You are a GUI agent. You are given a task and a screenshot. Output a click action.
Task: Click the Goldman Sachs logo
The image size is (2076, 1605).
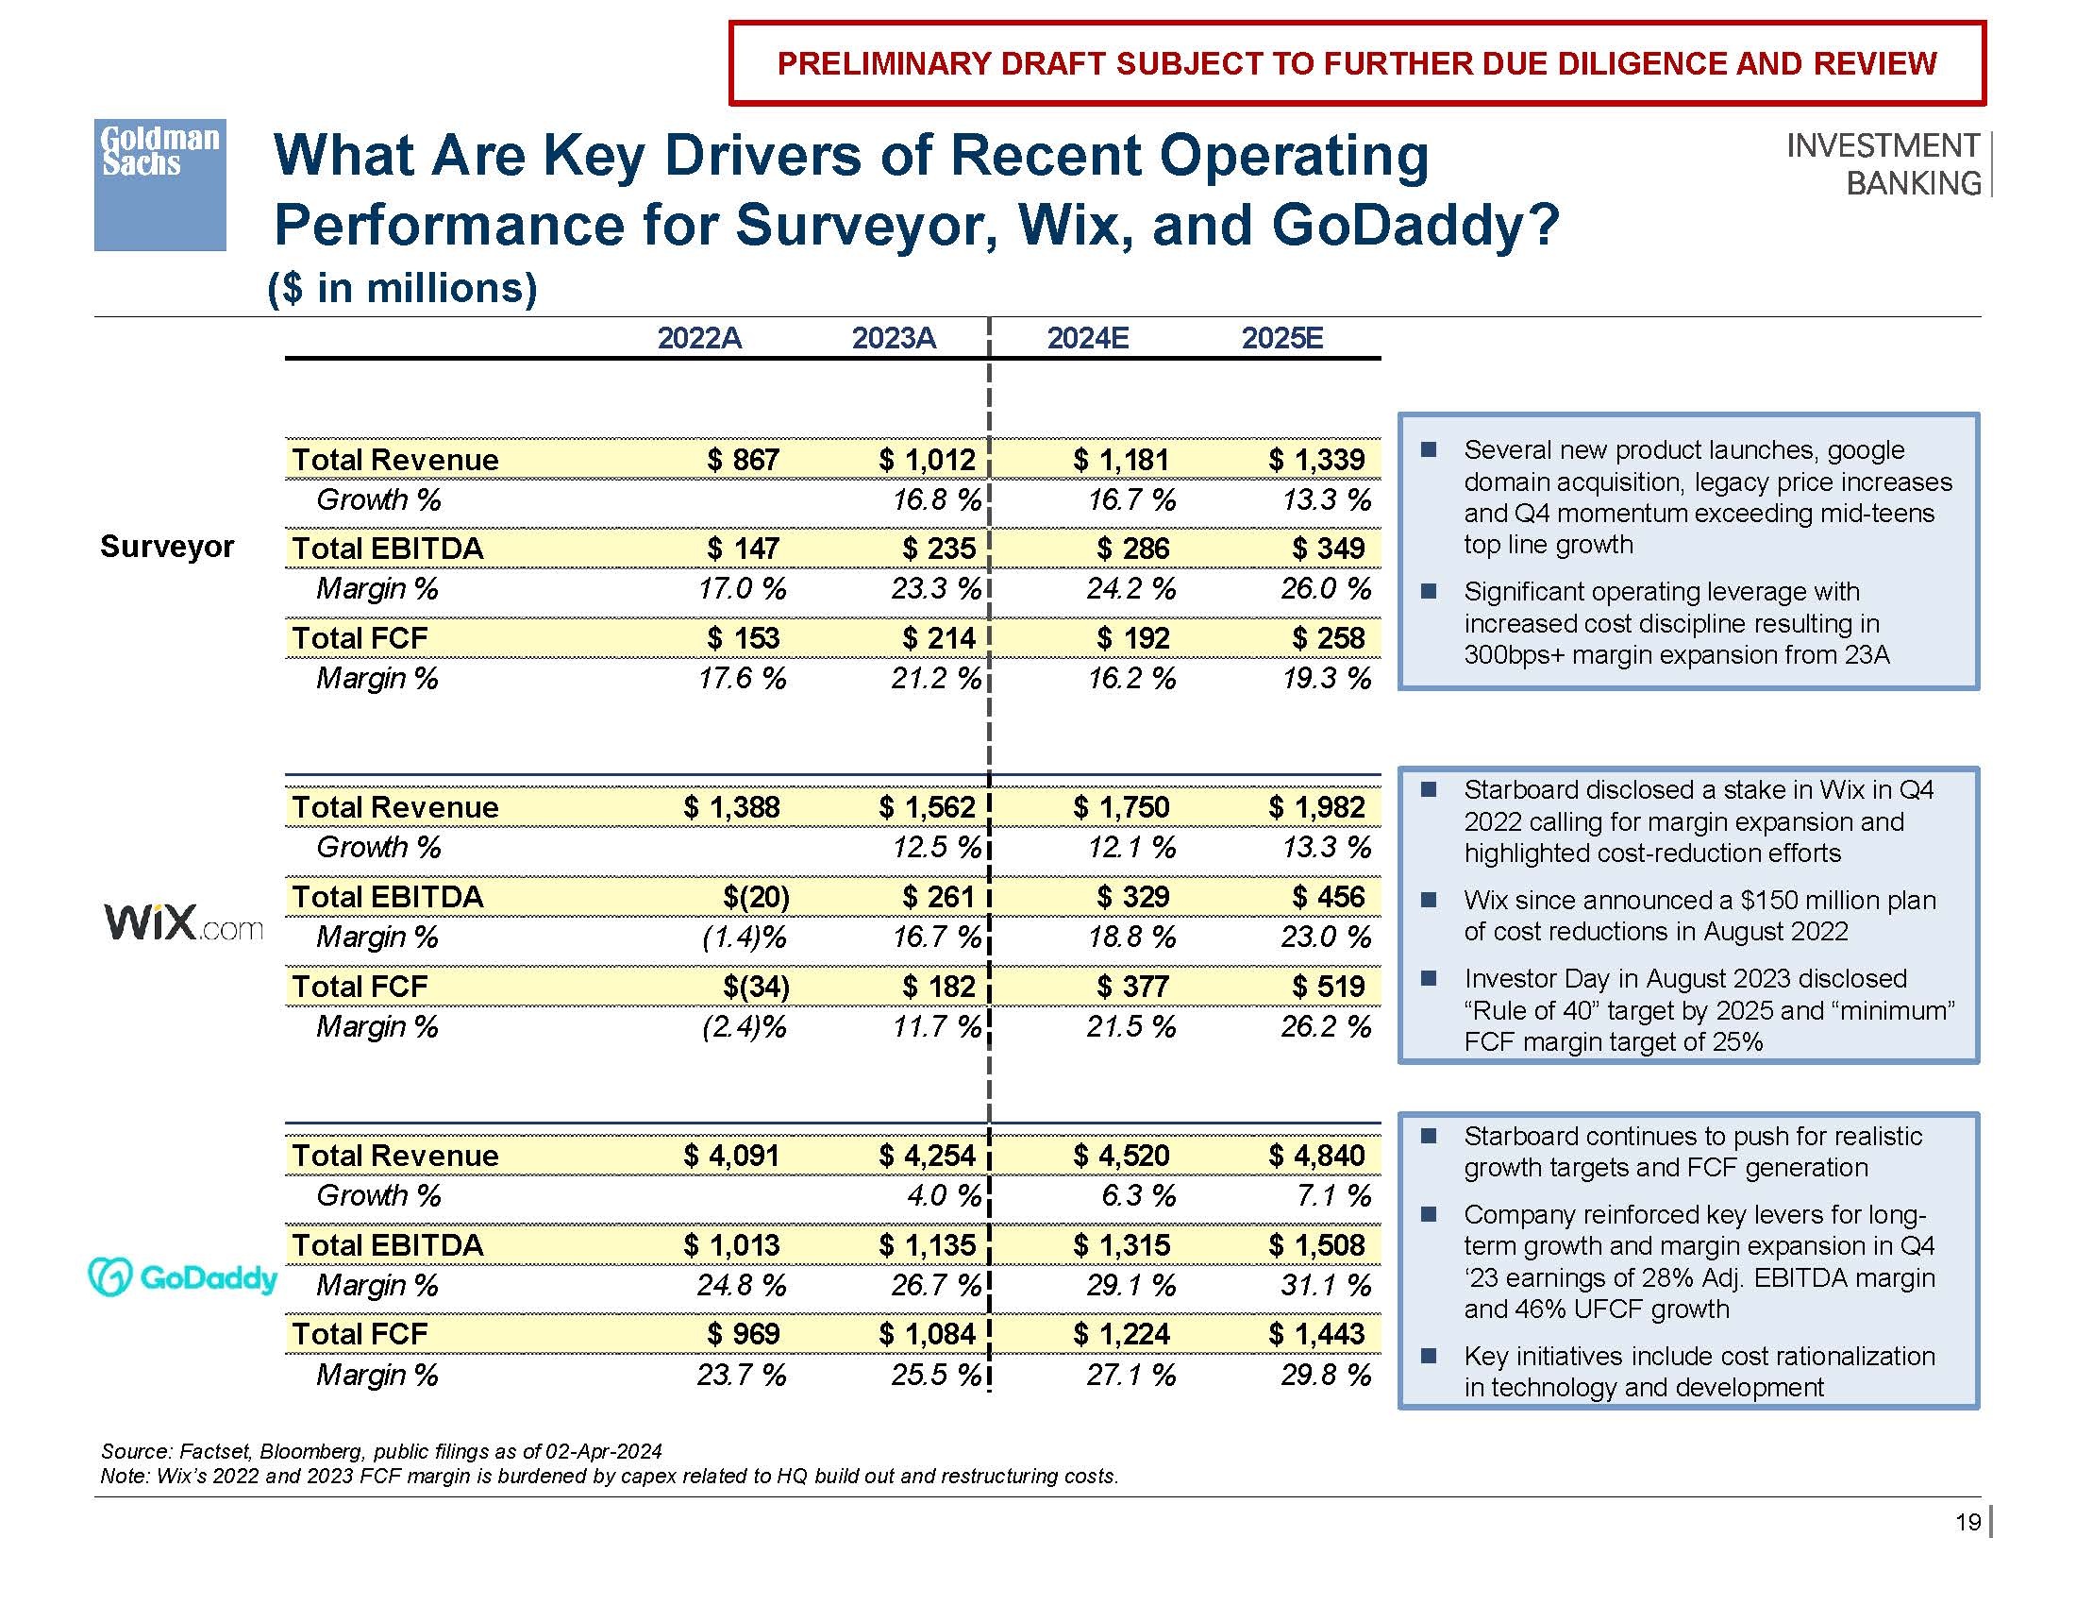[159, 184]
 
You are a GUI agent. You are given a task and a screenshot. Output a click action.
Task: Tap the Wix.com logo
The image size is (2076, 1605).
[182, 921]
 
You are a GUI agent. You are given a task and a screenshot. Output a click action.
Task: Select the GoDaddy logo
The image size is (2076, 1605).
[182, 1277]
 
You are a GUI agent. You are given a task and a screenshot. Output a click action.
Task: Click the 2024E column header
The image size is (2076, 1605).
[1087, 339]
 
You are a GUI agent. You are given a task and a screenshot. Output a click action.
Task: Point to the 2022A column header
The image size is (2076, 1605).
[698, 339]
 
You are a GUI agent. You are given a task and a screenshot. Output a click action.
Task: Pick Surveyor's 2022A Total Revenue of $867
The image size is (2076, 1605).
[743, 460]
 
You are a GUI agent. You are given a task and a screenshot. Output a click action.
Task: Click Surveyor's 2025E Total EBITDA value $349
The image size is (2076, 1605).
[1328, 549]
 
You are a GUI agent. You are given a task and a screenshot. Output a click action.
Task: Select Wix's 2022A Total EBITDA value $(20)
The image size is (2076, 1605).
[756, 897]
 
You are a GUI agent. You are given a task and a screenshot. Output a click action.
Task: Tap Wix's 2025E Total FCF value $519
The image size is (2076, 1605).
[1328, 986]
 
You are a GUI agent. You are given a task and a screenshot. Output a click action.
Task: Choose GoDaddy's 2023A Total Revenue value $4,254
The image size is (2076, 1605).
[927, 1156]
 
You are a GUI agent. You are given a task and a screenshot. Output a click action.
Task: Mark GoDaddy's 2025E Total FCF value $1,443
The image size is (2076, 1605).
[1316, 1334]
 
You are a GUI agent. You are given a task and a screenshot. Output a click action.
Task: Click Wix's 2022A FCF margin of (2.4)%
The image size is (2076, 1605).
[744, 1027]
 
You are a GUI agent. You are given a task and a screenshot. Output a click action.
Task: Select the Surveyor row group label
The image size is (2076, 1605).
[166, 547]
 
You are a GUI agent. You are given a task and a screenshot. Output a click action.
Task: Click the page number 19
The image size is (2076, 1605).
[1967, 1522]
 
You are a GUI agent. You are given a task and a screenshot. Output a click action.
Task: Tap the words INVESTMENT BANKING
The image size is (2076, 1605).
[1883, 163]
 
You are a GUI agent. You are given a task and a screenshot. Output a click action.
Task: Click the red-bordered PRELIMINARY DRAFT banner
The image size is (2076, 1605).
[1356, 63]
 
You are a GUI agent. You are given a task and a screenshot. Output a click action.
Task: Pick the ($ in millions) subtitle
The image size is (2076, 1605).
[403, 288]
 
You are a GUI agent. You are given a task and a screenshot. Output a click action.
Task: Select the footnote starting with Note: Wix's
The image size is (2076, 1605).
[610, 1476]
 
